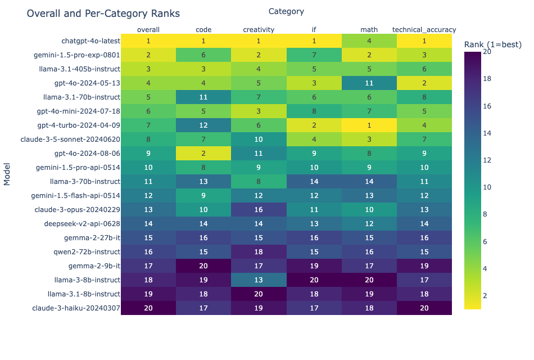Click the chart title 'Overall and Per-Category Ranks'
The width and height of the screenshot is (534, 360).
(103, 13)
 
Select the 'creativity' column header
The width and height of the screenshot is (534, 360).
(259, 30)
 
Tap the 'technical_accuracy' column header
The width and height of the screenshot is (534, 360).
(424, 30)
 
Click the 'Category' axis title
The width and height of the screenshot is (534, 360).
(286, 11)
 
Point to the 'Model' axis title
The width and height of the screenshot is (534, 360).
(7, 174)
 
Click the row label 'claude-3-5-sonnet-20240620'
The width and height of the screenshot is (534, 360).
(70, 139)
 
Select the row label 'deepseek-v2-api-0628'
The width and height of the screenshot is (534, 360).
(82, 224)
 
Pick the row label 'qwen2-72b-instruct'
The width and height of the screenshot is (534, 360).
(87, 252)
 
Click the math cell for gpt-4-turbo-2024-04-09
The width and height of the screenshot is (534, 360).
(369, 125)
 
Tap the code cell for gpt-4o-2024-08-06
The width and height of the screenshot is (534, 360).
(203, 154)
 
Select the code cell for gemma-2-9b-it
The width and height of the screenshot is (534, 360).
(203, 266)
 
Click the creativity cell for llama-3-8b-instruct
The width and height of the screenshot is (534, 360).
(259, 280)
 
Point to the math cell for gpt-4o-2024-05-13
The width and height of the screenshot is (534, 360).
(369, 83)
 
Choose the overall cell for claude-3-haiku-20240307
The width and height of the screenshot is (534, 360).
(148, 308)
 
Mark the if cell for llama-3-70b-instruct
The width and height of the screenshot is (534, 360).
(314, 181)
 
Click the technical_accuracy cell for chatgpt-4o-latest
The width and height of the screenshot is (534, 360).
(424, 41)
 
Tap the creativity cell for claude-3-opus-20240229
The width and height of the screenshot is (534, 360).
(259, 210)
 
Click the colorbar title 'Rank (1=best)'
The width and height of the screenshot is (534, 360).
(493, 44)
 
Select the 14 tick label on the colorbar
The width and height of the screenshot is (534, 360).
(487, 133)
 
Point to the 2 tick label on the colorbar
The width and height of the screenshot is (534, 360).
(485, 295)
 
